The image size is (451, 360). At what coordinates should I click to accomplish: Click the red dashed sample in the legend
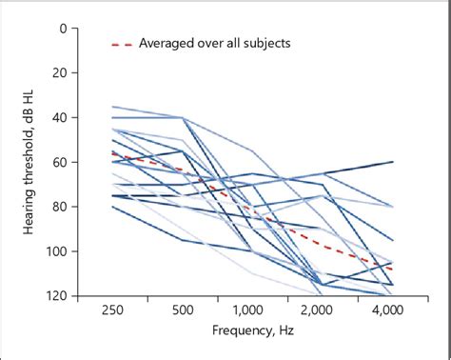(x=122, y=44)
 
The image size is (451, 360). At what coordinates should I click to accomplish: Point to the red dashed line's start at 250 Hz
(x=113, y=152)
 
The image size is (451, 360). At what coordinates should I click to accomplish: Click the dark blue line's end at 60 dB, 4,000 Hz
(x=392, y=163)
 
